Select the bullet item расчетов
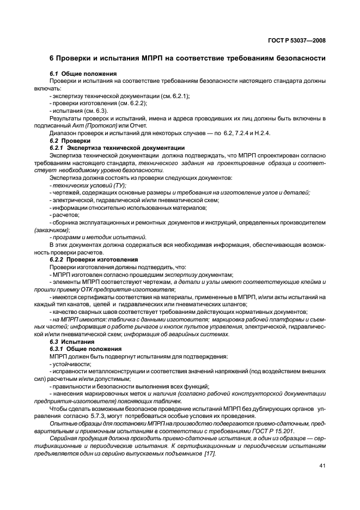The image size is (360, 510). coord(64,215)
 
